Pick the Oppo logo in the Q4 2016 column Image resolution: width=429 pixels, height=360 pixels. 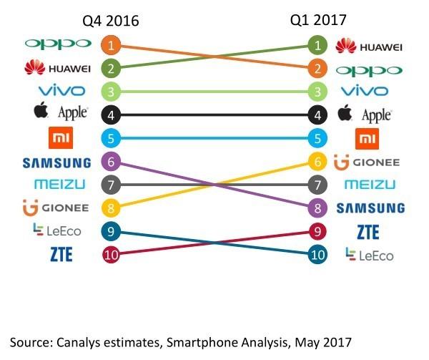click(x=58, y=44)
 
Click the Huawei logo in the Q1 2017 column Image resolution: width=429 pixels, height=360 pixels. click(x=369, y=47)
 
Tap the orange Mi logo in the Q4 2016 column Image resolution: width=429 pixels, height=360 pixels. click(x=58, y=137)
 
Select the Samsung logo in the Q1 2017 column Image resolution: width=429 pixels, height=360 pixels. click(x=370, y=208)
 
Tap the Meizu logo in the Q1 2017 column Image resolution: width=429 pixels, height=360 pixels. click(x=369, y=185)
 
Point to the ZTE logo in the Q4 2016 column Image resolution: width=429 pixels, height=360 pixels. click(x=57, y=254)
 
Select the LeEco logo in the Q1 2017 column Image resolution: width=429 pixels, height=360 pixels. click(x=369, y=254)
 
